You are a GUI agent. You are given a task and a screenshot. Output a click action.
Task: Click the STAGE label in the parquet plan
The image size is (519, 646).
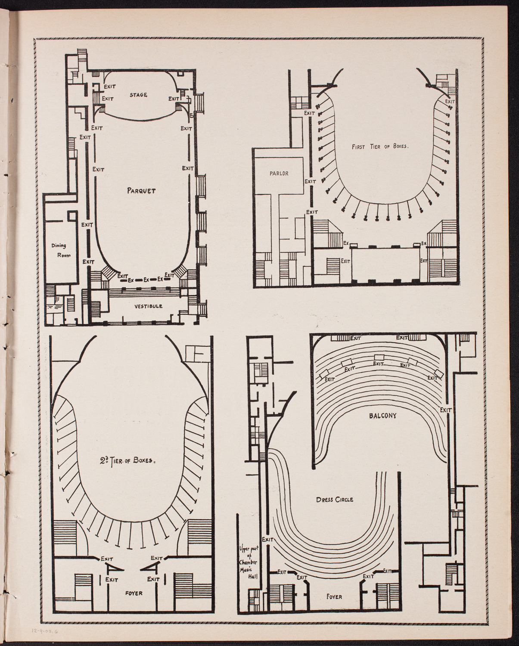[x=138, y=95]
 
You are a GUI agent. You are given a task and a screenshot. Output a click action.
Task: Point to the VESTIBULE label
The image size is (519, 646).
[x=148, y=306]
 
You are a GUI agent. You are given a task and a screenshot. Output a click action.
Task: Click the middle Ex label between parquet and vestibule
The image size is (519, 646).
[x=147, y=279]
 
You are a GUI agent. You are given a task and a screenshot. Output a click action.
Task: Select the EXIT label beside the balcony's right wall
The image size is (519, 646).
[x=446, y=410]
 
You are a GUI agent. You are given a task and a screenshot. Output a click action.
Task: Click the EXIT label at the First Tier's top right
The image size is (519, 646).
[x=449, y=102]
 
